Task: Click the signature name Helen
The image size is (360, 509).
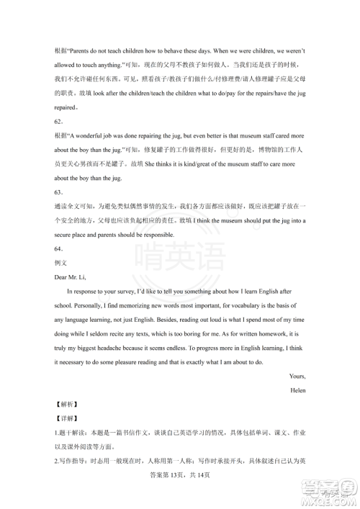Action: point(297,390)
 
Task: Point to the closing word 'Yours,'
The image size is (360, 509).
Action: point(297,376)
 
